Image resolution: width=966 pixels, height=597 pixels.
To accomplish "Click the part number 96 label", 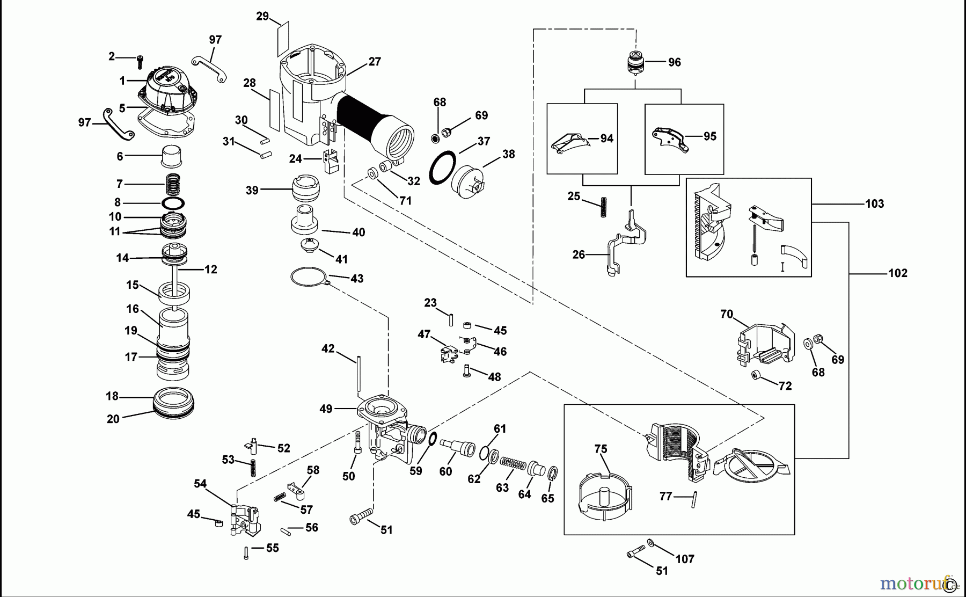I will pyautogui.click(x=674, y=62).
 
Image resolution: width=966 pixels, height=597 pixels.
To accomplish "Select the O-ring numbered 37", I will pyautogui.click(x=442, y=167).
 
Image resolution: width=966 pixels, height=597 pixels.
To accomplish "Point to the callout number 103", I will pyautogui.click(x=874, y=203).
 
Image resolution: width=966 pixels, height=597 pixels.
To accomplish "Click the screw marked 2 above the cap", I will pyautogui.click(x=141, y=60).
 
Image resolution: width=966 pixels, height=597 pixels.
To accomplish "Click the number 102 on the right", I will pyautogui.click(x=897, y=273).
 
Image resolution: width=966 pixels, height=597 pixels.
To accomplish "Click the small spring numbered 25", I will pyautogui.click(x=603, y=207).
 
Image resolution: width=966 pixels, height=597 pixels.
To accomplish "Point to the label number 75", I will pyautogui.click(x=601, y=449).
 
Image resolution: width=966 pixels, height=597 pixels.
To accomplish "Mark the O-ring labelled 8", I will pyautogui.click(x=173, y=203).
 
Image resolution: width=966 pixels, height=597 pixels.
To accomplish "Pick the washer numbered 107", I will pyautogui.click(x=650, y=543).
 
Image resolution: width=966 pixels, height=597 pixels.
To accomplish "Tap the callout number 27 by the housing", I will pyautogui.click(x=375, y=62).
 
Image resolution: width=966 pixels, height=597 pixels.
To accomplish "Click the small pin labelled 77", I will pyautogui.click(x=694, y=499).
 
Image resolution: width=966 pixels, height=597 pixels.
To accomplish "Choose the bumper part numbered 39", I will pyautogui.click(x=305, y=189).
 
